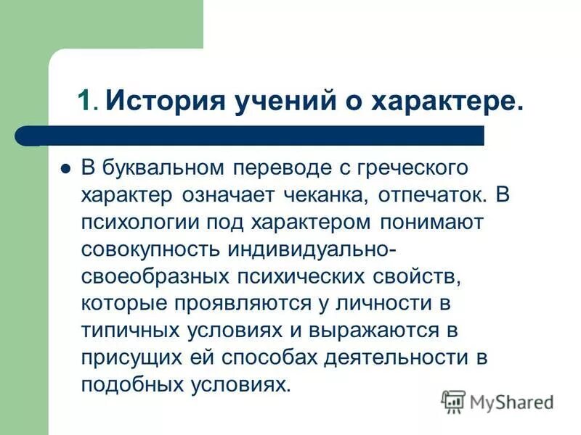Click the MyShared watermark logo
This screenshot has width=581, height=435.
(497, 401)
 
